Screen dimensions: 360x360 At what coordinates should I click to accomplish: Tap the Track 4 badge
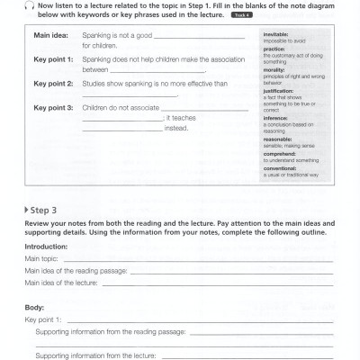[242, 15]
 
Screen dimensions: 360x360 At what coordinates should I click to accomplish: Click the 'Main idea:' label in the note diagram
[51, 35]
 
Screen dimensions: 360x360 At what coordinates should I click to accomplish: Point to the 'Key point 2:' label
[53, 83]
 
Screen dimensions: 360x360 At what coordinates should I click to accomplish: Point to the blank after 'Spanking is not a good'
[200, 37]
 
